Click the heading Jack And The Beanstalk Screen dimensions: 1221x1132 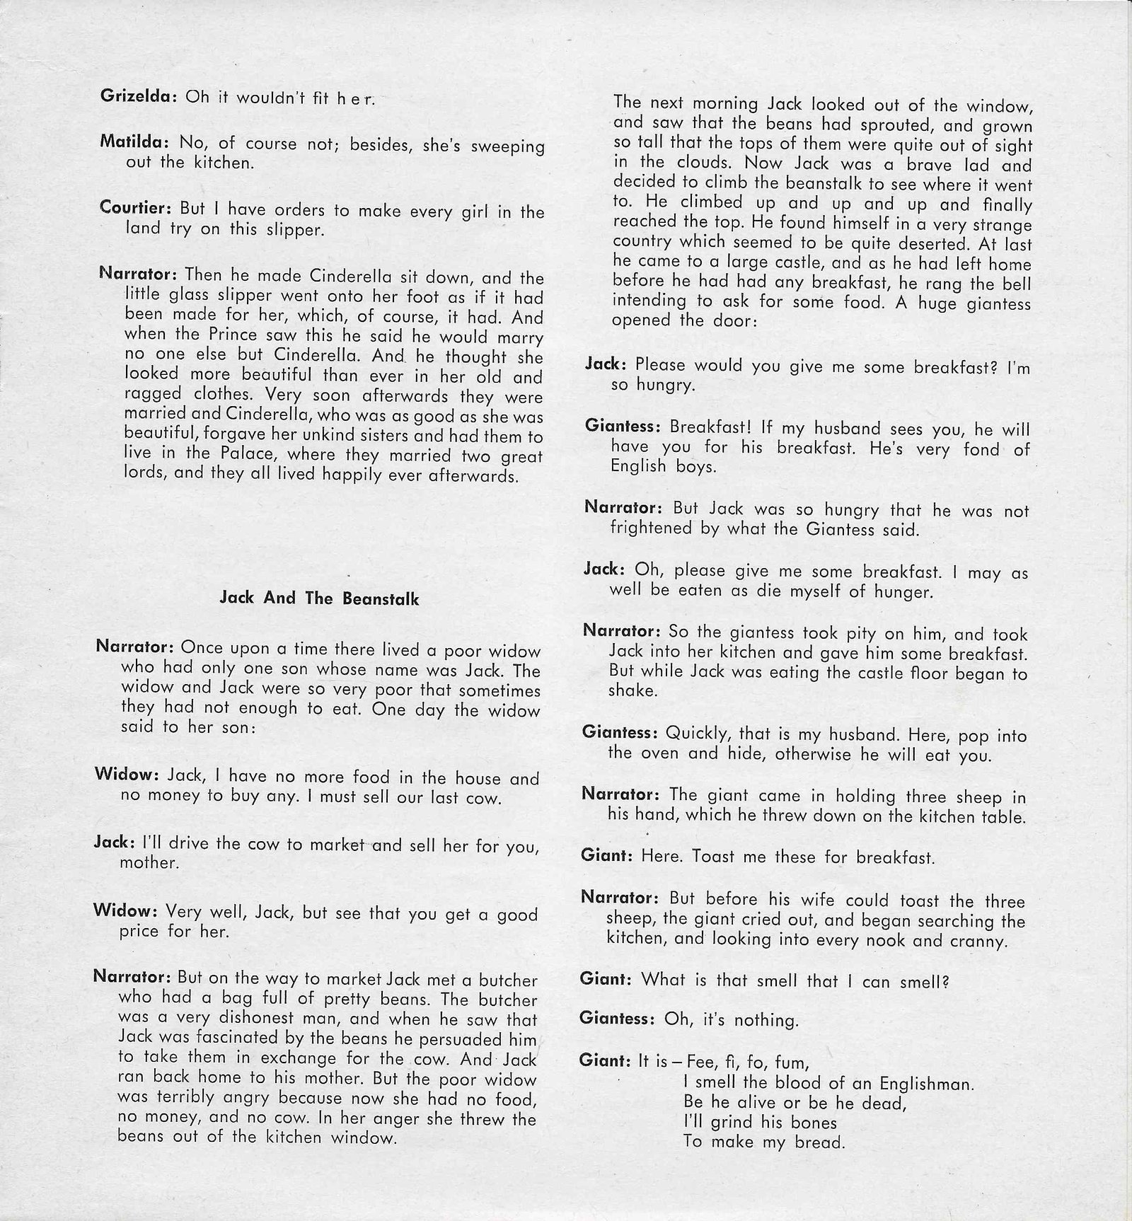[x=319, y=598]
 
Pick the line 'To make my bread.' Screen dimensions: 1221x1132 [x=764, y=1142]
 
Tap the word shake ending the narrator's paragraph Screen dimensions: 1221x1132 [x=633, y=691]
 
